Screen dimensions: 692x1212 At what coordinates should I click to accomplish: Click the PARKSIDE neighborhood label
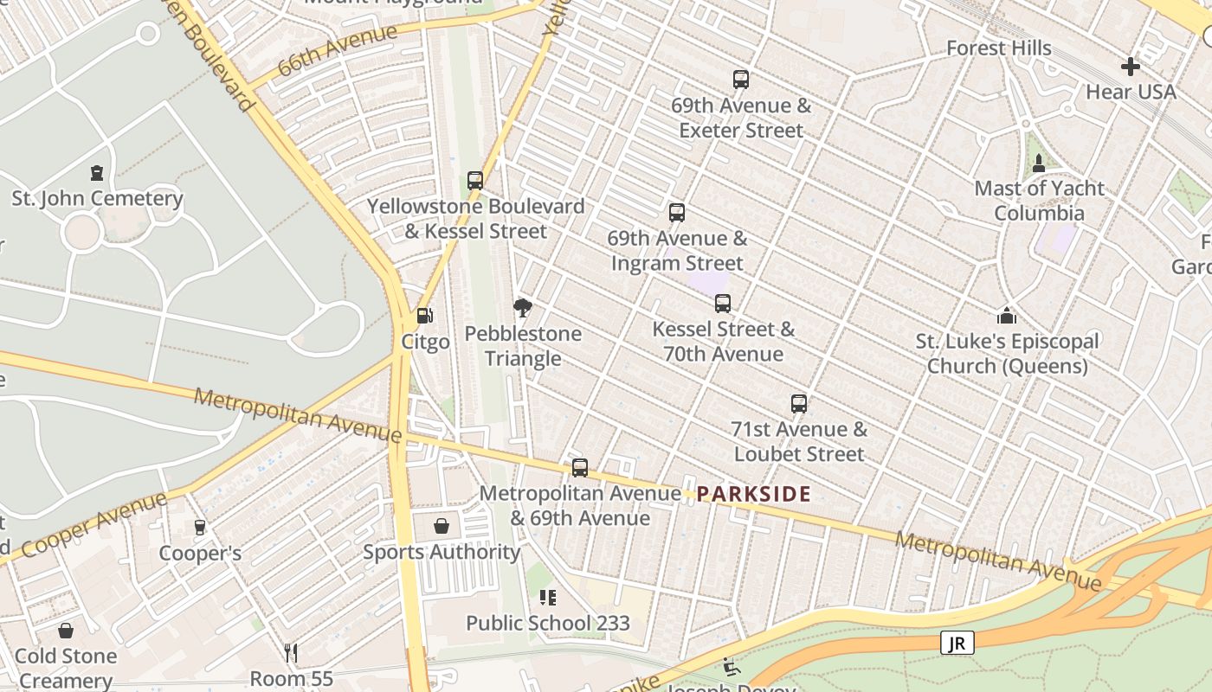tap(753, 494)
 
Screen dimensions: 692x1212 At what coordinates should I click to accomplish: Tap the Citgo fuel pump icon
tap(424, 317)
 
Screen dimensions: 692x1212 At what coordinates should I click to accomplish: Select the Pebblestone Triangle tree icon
tap(522, 308)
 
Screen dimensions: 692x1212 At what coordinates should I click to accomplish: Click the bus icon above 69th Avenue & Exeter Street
tap(740, 80)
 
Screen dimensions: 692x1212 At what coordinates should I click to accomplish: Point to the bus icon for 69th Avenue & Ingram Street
tap(677, 213)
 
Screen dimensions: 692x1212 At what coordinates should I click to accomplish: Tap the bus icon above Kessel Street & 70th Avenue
tap(723, 304)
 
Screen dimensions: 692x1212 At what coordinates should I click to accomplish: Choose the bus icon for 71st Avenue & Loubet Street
tap(798, 404)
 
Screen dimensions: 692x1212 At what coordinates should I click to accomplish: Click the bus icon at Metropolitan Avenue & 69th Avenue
tap(580, 468)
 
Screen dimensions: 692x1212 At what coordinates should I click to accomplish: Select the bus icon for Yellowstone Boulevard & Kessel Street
tap(475, 181)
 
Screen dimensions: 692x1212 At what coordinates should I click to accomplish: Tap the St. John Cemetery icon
tap(97, 173)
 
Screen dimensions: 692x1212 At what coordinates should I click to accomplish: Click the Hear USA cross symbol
tap(1131, 67)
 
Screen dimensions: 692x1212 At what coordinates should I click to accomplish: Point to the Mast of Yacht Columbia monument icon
tap(1039, 163)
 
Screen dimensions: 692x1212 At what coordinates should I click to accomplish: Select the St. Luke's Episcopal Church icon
tap(1006, 316)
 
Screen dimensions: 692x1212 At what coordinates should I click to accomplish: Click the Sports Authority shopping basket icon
tap(442, 526)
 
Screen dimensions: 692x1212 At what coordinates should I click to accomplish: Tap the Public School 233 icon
tap(547, 598)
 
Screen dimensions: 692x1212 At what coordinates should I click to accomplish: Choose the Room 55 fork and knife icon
tap(291, 653)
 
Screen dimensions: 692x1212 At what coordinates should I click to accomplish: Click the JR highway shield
tap(957, 643)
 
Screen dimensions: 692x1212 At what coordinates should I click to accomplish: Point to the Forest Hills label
tap(998, 48)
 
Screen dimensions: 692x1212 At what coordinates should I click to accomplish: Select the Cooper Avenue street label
tap(93, 524)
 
